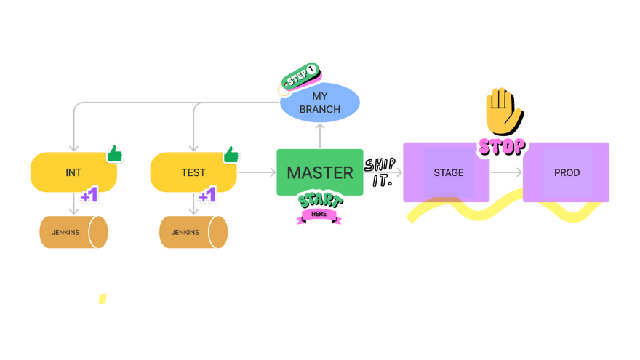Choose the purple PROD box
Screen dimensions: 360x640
tap(567, 172)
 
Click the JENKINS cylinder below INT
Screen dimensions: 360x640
tap(73, 232)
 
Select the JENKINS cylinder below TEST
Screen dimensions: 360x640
tap(193, 232)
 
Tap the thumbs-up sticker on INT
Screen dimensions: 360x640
tap(114, 154)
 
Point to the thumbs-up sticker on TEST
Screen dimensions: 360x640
tap(231, 154)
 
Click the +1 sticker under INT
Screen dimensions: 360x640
tap(89, 196)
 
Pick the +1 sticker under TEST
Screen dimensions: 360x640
tap(208, 196)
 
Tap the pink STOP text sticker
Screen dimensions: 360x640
tap(502, 146)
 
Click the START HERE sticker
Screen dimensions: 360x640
tap(319, 207)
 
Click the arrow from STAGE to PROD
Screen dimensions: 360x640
tap(506, 172)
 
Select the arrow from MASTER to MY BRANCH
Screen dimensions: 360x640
tap(320, 135)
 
